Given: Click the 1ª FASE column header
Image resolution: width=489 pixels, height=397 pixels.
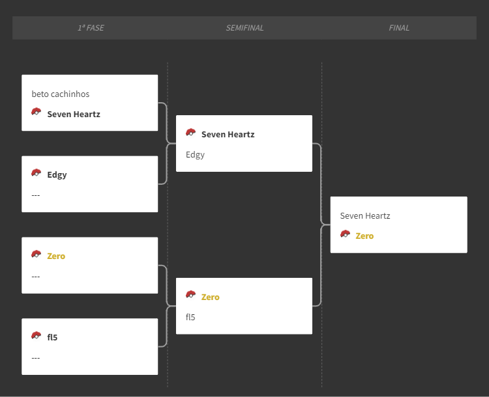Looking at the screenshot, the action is pyautogui.click(x=91, y=28).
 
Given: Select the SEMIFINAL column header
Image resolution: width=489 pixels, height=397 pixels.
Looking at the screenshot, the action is pyautogui.click(x=244, y=28).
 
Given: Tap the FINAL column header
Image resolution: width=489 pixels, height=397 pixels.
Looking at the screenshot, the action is pyautogui.click(x=399, y=28).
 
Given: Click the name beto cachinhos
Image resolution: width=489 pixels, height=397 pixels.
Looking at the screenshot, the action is pyautogui.click(x=61, y=94).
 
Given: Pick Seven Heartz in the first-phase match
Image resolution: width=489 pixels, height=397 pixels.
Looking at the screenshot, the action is pyautogui.click(x=74, y=115).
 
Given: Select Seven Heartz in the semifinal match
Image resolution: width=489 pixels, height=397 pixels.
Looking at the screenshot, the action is pyautogui.click(x=228, y=135).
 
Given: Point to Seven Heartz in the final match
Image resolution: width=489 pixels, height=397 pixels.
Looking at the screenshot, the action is pyautogui.click(x=365, y=216).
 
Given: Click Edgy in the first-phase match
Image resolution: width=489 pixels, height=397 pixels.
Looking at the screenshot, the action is pyautogui.click(x=57, y=175).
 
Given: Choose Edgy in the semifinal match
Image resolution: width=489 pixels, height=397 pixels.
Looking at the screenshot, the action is pyautogui.click(x=195, y=155).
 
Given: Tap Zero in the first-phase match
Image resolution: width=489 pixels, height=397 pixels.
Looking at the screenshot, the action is pyautogui.click(x=56, y=256).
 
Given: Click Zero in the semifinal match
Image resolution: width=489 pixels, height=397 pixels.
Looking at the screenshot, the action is pyautogui.click(x=210, y=297).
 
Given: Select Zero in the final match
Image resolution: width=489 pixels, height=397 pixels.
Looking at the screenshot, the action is pyautogui.click(x=364, y=236).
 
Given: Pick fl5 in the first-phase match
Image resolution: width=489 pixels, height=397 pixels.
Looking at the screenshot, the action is pyautogui.click(x=52, y=338).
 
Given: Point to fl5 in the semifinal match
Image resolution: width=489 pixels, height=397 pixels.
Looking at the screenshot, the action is pyautogui.click(x=190, y=318).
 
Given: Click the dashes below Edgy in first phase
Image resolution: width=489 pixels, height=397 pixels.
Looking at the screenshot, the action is pyautogui.click(x=36, y=195).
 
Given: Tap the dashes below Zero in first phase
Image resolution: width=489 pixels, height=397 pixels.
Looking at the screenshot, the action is pyautogui.click(x=36, y=277).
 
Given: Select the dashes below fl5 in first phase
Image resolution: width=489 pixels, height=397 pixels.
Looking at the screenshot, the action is pyautogui.click(x=36, y=358).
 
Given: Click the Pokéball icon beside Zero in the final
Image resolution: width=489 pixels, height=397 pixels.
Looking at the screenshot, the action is pyautogui.click(x=345, y=234).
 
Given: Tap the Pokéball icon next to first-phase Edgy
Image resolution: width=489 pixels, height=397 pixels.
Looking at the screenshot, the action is pyautogui.click(x=37, y=173).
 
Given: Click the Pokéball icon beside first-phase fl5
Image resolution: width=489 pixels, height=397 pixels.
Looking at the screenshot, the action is pyautogui.click(x=37, y=336).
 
